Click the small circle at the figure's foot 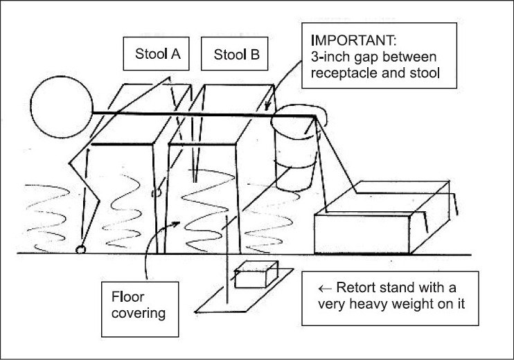click(81, 249)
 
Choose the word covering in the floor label click(141, 314)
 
